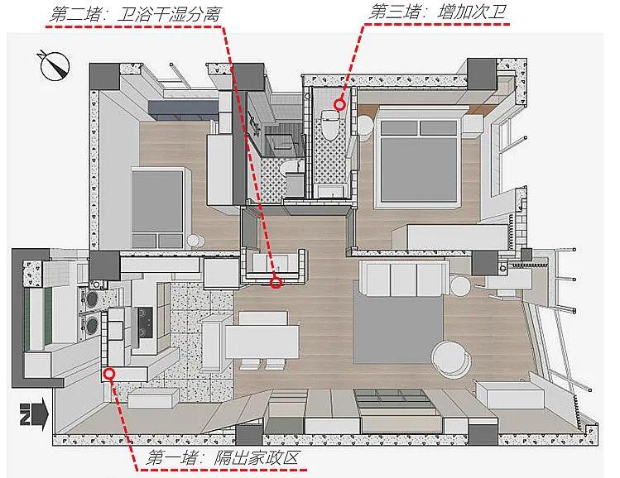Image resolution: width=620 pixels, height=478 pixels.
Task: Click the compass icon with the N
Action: click(x=54, y=65)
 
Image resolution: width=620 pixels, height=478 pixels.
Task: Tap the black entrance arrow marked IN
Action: click(x=34, y=414)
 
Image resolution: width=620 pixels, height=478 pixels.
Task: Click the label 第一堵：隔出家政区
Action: click(x=222, y=458)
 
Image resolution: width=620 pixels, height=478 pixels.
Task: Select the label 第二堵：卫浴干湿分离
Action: click(x=134, y=15)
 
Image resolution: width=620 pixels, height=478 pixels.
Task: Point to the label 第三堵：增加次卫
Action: click(x=438, y=12)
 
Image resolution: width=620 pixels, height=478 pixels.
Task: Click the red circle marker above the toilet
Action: click(x=339, y=105)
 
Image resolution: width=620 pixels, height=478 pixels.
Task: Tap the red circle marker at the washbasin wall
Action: click(x=276, y=283)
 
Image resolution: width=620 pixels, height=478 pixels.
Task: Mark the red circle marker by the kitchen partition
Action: click(x=110, y=373)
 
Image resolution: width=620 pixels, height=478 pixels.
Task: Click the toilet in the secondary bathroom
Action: click(x=328, y=125)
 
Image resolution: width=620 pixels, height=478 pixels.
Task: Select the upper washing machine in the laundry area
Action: click(x=91, y=299)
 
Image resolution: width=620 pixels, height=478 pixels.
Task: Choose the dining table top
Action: click(x=262, y=342)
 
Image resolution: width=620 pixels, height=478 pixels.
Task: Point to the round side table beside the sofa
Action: click(x=460, y=286)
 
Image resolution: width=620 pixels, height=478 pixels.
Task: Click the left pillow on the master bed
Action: click(x=399, y=127)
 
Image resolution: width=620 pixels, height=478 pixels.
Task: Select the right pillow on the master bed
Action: click(x=439, y=127)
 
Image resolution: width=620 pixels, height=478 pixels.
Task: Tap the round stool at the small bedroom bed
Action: click(x=195, y=241)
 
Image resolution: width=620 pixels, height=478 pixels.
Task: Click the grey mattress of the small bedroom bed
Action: click(x=157, y=202)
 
